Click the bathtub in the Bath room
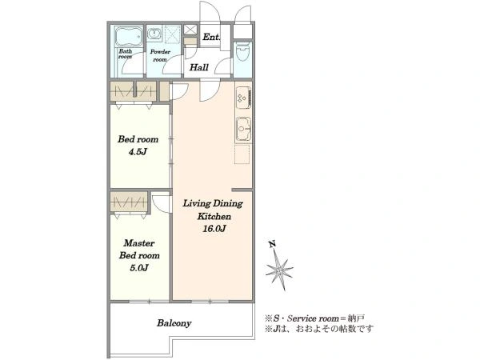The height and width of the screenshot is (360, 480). coord(129,37)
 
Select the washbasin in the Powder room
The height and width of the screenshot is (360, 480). coord(154,33)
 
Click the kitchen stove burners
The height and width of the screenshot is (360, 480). coord(243,98)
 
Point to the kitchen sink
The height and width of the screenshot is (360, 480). coord(243,129)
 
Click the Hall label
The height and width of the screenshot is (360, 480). coord(199,67)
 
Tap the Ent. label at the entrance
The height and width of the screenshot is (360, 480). coord(211,37)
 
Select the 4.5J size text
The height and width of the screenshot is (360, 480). coord(138,152)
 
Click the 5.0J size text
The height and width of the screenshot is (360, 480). coord(139,268)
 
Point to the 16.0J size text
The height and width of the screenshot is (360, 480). coord(214,229)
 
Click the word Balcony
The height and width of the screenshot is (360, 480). coord(174,323)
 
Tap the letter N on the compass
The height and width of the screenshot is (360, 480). coord(272,244)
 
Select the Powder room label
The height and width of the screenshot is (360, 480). coord(160,56)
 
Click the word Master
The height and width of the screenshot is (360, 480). coord(139,243)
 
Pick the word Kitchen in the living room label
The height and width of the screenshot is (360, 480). coord(214,217)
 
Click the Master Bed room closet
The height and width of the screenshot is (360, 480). coord(129,202)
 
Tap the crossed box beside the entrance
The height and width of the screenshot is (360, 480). coord(191,30)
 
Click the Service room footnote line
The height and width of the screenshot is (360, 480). coord(314,318)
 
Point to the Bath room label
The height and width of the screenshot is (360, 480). coord(126,54)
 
